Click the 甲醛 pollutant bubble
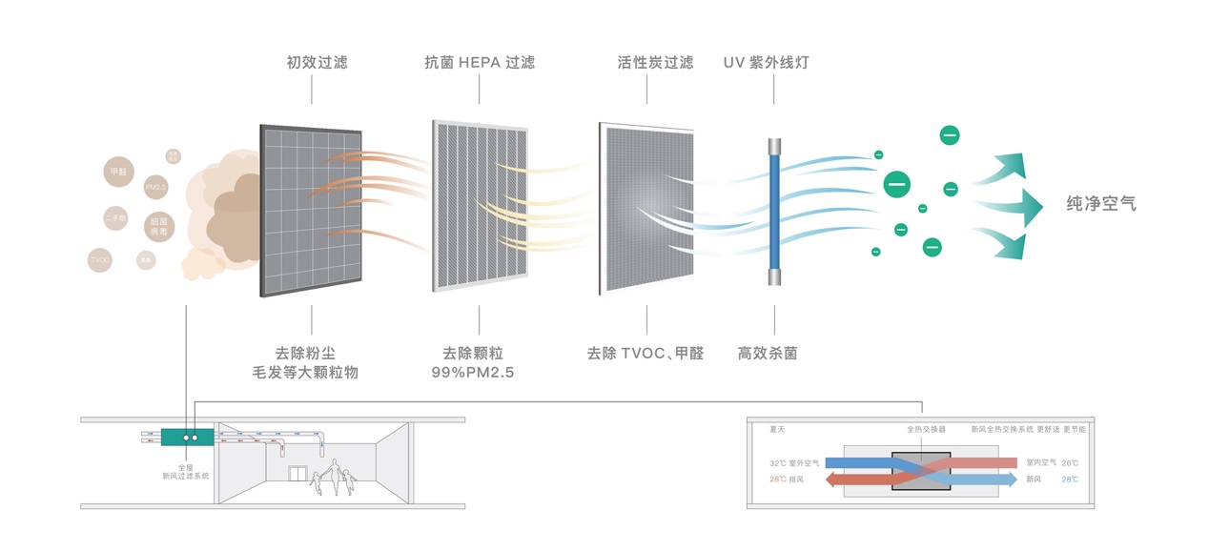117,172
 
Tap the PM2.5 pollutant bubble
155,187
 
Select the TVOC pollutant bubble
100,258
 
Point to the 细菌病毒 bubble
158,226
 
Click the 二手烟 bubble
115,219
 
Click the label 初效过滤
317,63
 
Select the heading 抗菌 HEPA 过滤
479,63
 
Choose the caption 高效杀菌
767,353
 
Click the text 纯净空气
1101,204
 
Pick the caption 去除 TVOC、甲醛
645,353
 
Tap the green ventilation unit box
186,438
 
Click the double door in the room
298,474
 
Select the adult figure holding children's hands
335,474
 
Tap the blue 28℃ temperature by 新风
1069,479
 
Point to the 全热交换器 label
926,430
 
